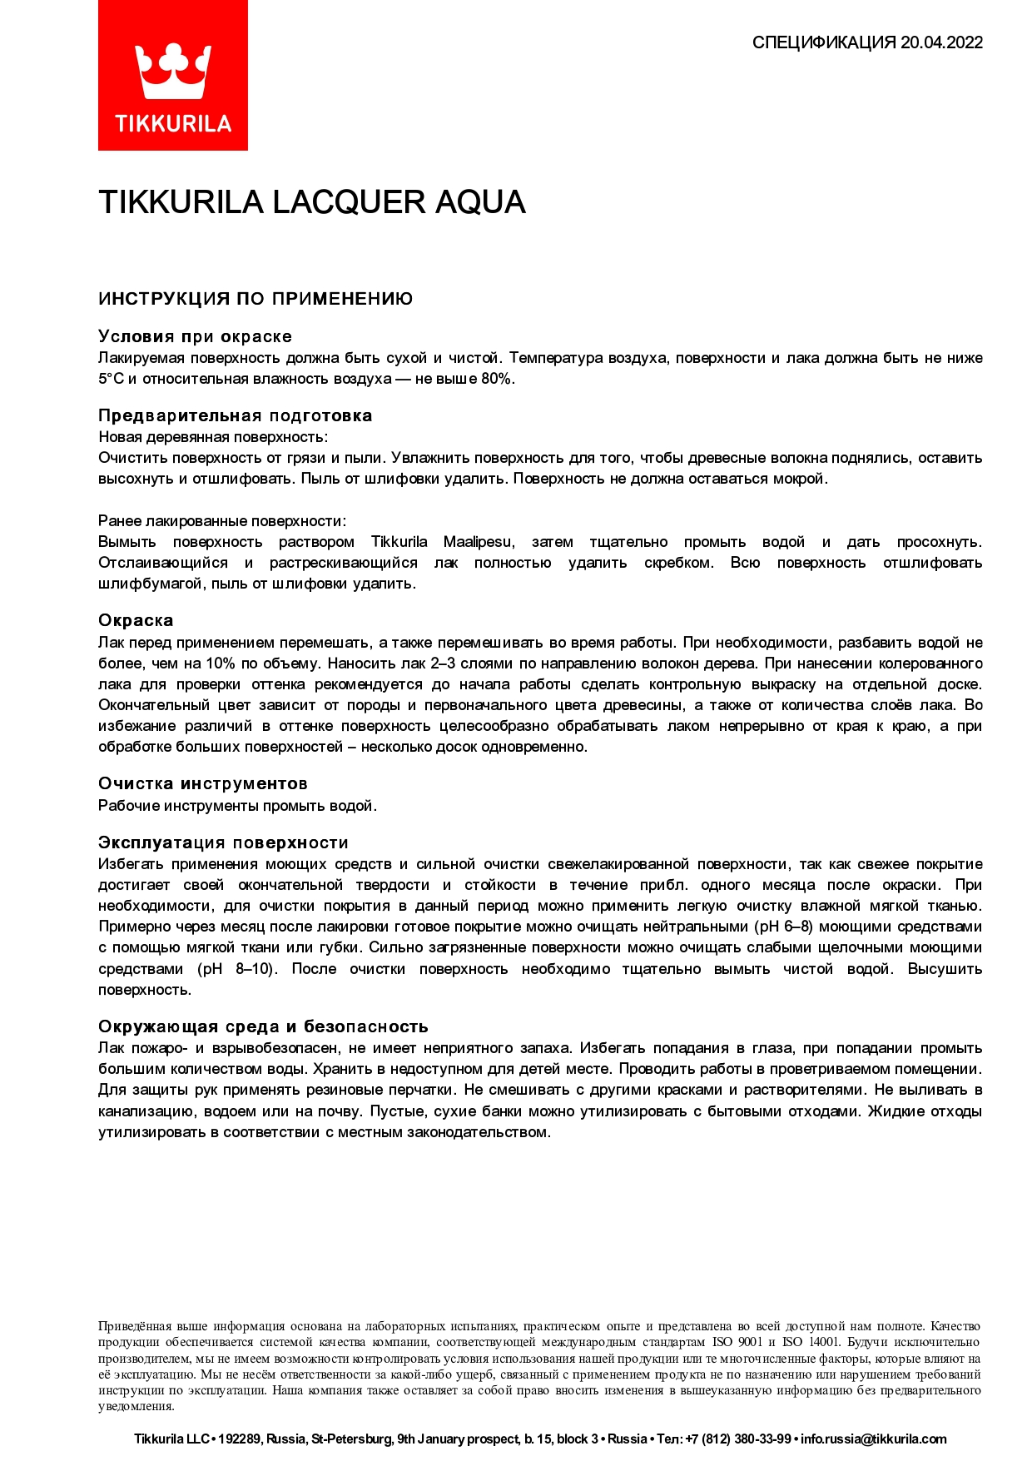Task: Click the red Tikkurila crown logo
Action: click(172, 75)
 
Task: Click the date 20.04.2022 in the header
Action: click(941, 42)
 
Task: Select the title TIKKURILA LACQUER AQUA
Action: click(311, 202)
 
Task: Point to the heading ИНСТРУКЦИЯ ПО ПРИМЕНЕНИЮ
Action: click(256, 299)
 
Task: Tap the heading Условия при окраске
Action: click(195, 336)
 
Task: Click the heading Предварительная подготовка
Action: click(235, 415)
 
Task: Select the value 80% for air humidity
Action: click(497, 379)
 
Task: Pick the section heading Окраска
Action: click(136, 620)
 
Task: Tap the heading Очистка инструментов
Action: click(202, 783)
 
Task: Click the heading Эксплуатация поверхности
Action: click(223, 842)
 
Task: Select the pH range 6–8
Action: click(793, 927)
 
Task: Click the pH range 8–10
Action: click(251, 969)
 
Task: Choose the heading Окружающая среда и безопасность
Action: click(263, 1026)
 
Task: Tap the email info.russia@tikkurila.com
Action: click(873, 1439)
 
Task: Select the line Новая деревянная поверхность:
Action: click(213, 437)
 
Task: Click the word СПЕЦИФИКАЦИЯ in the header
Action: click(823, 42)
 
